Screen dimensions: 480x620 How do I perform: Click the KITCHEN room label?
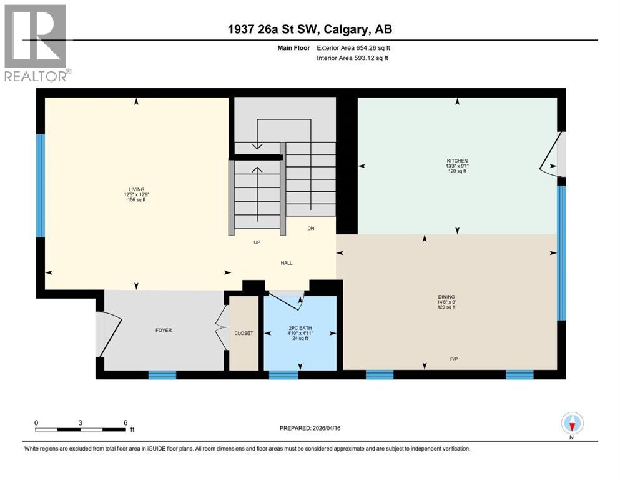click(457, 161)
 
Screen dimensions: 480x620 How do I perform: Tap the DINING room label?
click(446, 297)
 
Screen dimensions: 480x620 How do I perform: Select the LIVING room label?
click(137, 189)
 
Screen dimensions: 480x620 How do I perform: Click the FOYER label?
click(164, 330)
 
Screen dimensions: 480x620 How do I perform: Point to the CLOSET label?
click(244, 333)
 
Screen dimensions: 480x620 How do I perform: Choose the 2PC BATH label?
click(300, 328)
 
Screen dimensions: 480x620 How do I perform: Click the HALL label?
click(286, 262)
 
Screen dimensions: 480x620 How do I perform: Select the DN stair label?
click(310, 228)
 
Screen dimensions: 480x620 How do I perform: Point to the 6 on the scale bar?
click(125, 422)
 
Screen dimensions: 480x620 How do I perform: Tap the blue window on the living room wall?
click(41, 186)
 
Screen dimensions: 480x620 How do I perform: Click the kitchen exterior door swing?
click(552, 154)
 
